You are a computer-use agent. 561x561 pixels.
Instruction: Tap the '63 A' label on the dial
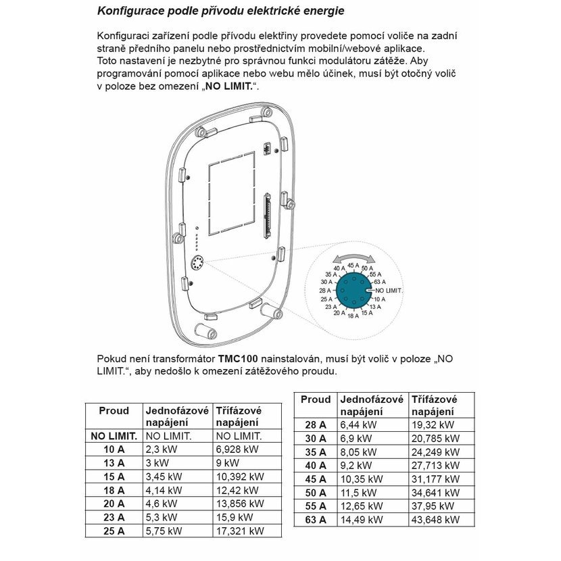379,282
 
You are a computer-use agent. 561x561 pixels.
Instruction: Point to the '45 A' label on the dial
353,266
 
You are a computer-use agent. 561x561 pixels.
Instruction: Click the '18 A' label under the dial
353,316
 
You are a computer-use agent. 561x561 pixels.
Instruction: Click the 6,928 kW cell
237,449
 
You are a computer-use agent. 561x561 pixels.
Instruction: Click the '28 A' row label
316,424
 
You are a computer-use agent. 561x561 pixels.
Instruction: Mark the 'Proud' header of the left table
114,410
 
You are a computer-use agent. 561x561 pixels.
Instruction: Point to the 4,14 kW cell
164,490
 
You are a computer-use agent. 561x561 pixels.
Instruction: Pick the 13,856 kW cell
239,504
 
